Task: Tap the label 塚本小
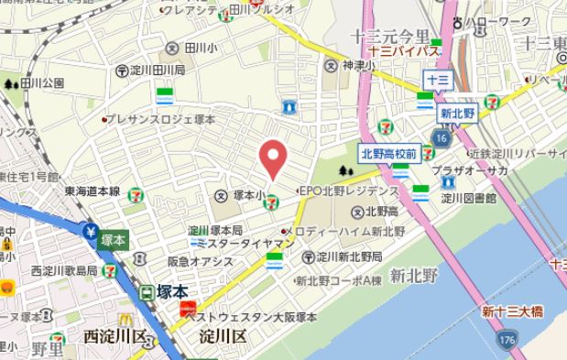coord(246,195)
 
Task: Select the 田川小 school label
coord(199,48)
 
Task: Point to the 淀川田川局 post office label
coord(157,70)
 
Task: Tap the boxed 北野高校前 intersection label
coord(389,153)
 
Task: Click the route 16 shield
coord(442,137)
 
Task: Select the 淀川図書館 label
coord(467,198)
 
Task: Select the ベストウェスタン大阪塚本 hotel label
coord(251,317)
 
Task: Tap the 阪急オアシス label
coord(200,261)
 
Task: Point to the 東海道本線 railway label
coord(92,191)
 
